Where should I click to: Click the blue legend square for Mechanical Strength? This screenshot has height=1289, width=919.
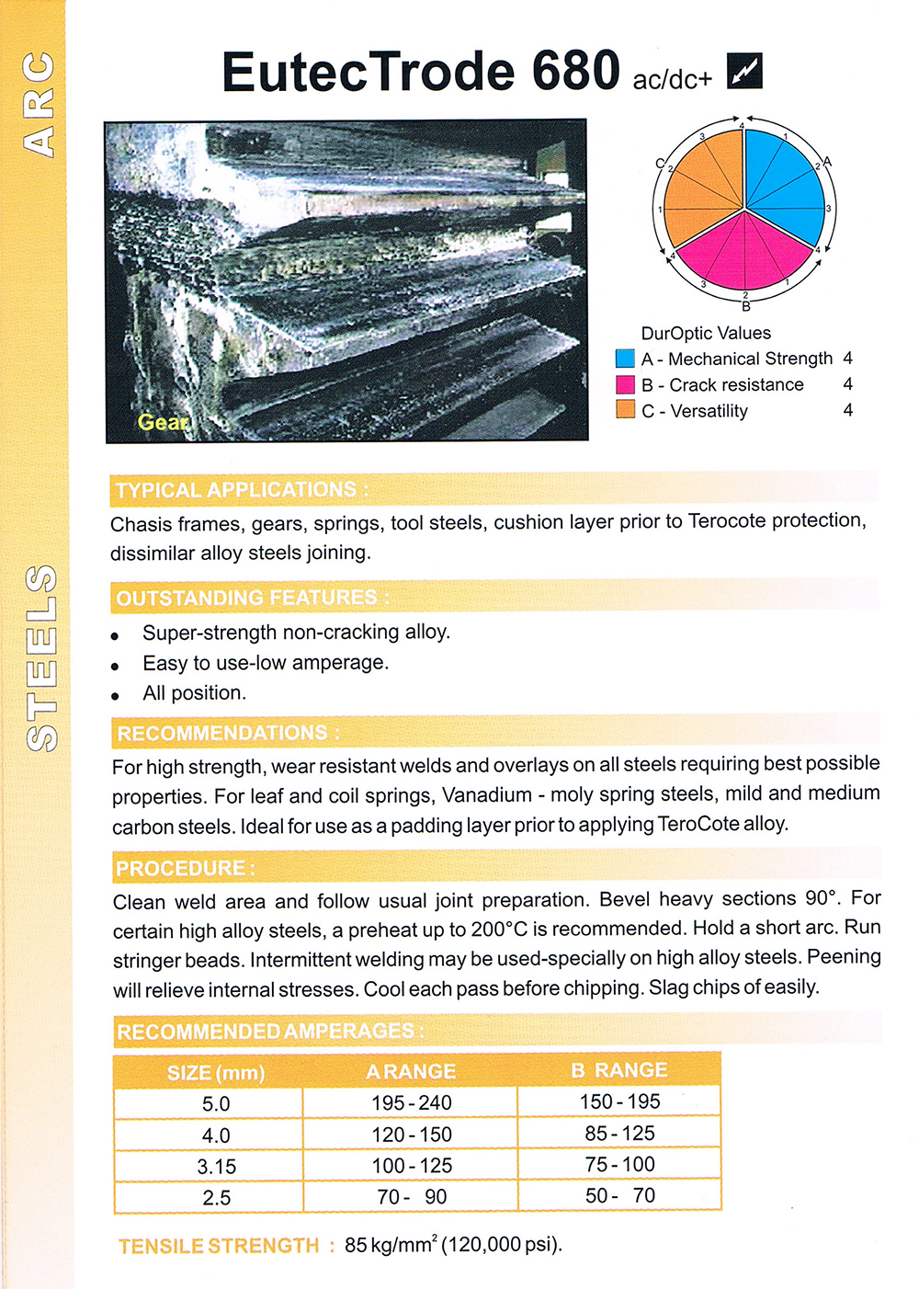coord(625,359)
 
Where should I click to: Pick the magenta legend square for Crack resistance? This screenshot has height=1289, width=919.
coord(625,384)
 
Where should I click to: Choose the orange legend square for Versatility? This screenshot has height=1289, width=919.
coord(625,410)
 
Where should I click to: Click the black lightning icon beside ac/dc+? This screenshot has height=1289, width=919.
coord(744,72)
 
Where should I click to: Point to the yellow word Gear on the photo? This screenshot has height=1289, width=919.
coord(163,422)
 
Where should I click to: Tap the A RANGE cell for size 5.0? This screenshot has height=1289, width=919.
coord(411,1102)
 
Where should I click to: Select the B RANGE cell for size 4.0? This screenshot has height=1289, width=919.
coord(619,1133)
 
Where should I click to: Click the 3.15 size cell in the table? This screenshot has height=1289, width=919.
coord(217,1166)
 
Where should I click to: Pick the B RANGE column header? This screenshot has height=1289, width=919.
coord(618,1070)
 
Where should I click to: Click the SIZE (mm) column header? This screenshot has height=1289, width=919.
coord(216,1072)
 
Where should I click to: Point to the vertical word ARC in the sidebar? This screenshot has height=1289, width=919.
coord(40,104)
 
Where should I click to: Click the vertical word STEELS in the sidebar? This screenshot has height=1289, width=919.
coord(42,657)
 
